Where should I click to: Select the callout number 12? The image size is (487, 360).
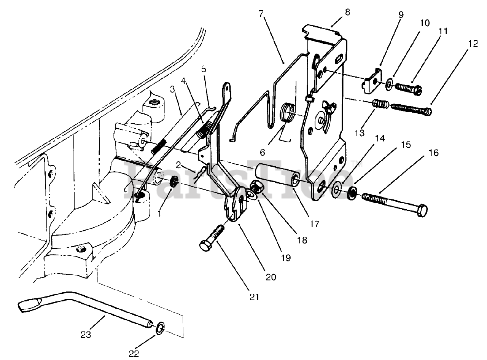473,44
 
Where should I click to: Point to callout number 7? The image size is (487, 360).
261,13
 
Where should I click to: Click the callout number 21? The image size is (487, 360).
254,297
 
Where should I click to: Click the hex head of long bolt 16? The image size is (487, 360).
422,210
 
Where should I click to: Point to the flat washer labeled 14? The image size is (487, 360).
337,189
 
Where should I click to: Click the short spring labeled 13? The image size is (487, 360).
379,104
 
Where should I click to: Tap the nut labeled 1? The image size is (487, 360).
172,182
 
